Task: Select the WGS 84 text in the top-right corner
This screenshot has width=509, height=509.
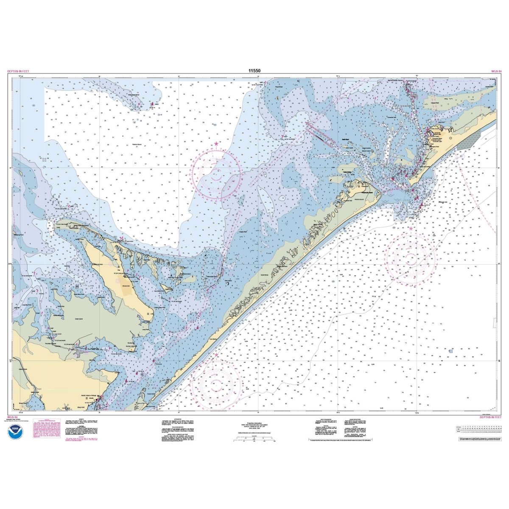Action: [x=496, y=72]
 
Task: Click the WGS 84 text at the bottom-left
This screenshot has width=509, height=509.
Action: [x=13, y=417]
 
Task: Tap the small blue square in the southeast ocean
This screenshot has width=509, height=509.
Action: [x=451, y=351]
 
